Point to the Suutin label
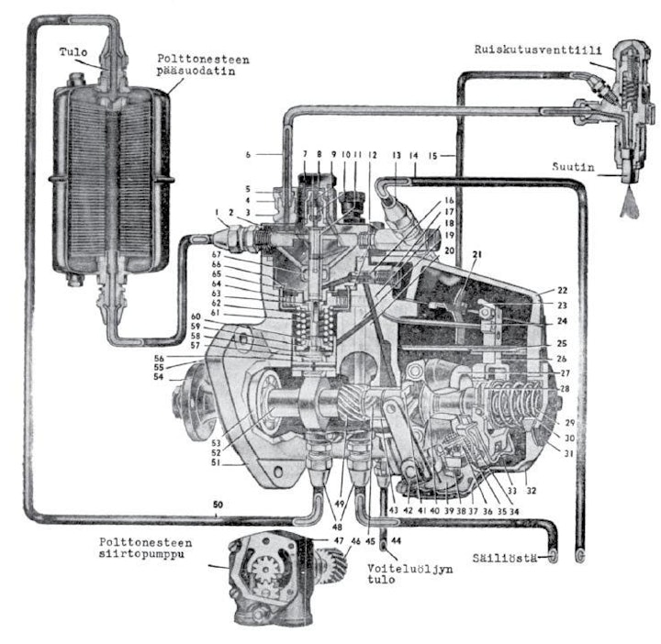tap(584, 169)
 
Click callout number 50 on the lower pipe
tap(217, 505)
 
